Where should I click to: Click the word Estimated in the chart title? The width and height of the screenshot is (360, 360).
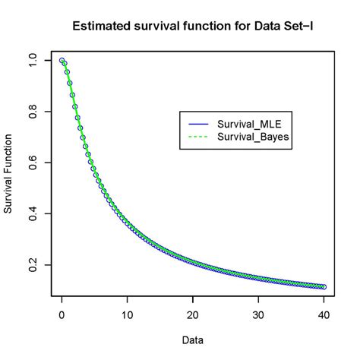[x=100, y=26]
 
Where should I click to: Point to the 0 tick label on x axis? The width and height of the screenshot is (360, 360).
[x=62, y=315]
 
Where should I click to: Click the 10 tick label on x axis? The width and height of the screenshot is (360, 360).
[x=128, y=315]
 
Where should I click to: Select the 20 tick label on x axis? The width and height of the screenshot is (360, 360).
[x=193, y=315]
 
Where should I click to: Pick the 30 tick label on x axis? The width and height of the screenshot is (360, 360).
[x=258, y=315]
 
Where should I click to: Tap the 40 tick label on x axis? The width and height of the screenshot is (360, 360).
[x=324, y=315]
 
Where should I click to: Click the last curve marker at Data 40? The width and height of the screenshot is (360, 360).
[x=324, y=287]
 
